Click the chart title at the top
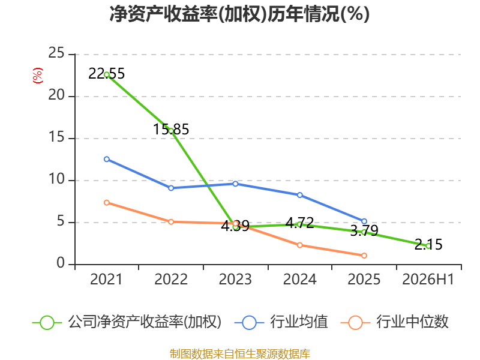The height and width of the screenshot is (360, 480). point(239,14)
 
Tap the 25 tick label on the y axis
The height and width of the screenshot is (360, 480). point(56,53)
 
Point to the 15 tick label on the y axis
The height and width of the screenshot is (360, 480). point(56,137)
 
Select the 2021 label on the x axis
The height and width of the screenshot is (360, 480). point(106,279)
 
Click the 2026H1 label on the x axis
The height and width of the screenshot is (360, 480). point(428,279)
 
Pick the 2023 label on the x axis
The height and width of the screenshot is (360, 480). point(235,279)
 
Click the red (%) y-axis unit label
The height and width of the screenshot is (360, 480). point(38,76)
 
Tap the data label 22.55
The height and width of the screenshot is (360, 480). point(107,74)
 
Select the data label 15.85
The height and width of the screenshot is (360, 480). point(171,129)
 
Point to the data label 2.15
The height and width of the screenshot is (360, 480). point(428,245)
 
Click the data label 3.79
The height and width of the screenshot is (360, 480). point(364,230)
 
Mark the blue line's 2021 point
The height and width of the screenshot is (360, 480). point(107,159)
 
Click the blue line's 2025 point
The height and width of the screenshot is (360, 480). point(364,221)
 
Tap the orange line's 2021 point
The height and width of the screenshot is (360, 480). point(107,203)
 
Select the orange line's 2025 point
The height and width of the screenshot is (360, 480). point(364,256)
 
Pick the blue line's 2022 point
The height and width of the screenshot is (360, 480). point(171,188)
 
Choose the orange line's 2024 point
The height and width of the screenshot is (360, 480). point(299,245)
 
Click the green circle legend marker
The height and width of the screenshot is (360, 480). point(47,323)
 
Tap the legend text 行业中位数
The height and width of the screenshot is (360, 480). point(412,322)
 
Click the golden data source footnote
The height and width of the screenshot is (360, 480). point(239,354)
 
